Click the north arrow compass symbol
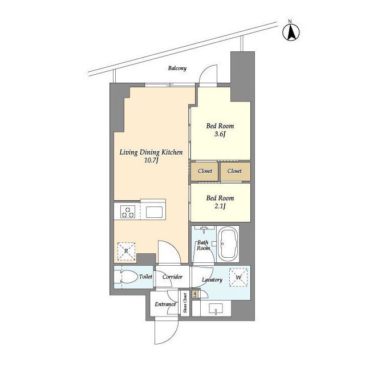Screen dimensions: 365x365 click(291, 32)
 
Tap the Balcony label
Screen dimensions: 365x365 click(177, 68)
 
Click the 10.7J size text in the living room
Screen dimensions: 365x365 click(151, 160)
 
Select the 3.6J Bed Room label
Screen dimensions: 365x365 click(220, 130)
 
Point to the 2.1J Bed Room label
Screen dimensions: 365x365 click(220, 202)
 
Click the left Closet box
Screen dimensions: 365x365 click(205, 171)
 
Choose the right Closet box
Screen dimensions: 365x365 click(236, 171)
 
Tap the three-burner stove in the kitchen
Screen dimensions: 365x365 click(128, 212)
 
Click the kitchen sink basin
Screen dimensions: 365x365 click(153, 212)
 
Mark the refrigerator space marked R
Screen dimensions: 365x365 click(127, 251)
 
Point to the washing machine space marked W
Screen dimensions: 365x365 click(238, 277)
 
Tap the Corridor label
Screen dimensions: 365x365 click(172, 277)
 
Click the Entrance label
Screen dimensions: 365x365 click(165, 304)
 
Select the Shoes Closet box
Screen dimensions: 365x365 click(185, 303)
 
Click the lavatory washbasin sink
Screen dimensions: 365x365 click(216, 309)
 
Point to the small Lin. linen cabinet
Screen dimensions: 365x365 click(195, 294)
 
